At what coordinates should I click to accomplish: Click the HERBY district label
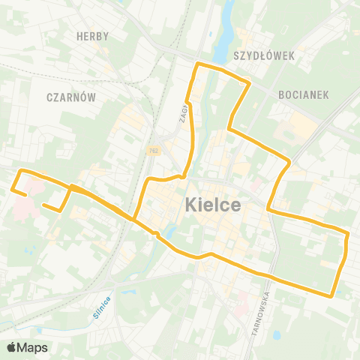click(93, 36)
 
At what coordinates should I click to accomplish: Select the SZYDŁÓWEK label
click(263, 56)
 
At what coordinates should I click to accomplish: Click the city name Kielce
click(212, 204)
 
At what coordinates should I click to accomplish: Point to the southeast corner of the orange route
click(332, 295)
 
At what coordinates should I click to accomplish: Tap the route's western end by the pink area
click(26, 195)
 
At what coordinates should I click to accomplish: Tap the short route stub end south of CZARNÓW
click(44, 204)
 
